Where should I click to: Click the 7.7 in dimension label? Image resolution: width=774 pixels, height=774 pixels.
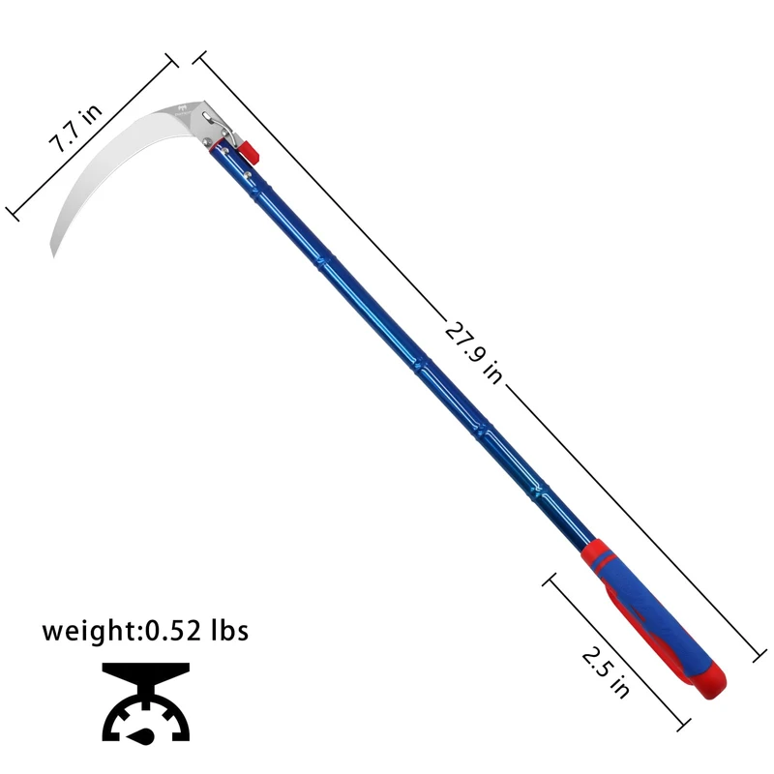(75, 128)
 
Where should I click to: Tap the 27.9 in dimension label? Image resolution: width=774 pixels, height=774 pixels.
(474, 352)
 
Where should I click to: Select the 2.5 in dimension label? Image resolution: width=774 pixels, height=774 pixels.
(606, 672)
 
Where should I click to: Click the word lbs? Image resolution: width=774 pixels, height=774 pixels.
(230, 630)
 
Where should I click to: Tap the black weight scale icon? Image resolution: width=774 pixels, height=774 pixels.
(146, 703)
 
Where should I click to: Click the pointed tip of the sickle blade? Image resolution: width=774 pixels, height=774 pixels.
(53, 256)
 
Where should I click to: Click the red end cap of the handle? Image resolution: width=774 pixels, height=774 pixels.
(711, 680)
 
